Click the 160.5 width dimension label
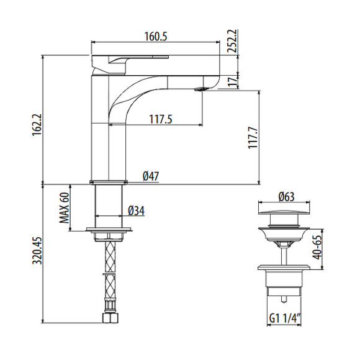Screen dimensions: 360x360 (156, 36)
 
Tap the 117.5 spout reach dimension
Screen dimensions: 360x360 (161, 119)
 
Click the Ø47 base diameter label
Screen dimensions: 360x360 (151, 176)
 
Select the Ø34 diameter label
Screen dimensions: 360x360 (137, 211)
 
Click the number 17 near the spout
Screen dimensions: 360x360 (233, 81)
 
